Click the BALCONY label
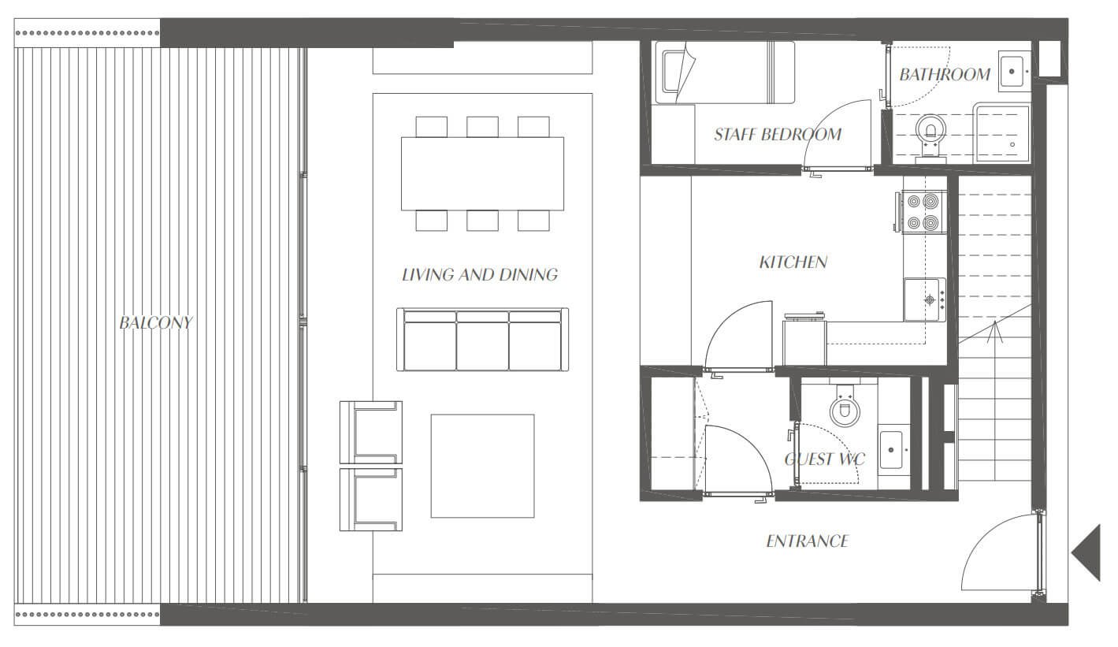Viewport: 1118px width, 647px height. [x=156, y=322]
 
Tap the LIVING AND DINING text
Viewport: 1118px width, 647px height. [x=480, y=274]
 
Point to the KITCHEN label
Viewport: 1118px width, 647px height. [x=793, y=262]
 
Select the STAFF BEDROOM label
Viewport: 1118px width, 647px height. [x=778, y=134]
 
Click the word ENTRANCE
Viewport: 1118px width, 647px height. [x=807, y=541]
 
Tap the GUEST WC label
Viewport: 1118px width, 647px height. [x=825, y=459]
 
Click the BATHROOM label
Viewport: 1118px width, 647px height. [x=945, y=74]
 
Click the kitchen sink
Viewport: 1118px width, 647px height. [x=925, y=299]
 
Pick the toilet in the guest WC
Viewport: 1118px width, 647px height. [x=845, y=405]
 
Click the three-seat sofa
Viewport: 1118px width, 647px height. [x=483, y=340]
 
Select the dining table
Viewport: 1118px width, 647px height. [x=483, y=173]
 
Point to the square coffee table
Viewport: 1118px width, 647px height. [x=483, y=466]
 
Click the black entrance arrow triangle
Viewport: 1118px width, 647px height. [x=1086, y=552]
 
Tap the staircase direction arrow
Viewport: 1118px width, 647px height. [x=995, y=332]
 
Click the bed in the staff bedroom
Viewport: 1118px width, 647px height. [x=725, y=73]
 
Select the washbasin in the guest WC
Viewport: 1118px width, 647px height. [x=891, y=450]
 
